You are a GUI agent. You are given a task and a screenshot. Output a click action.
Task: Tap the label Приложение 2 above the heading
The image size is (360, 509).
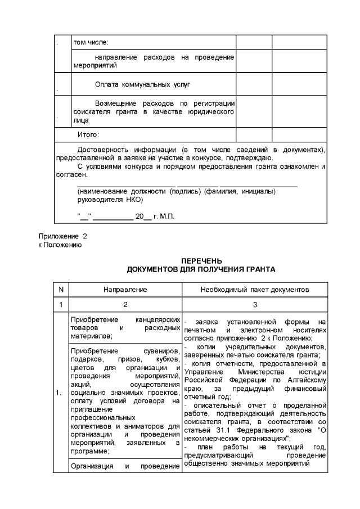[x=63, y=237]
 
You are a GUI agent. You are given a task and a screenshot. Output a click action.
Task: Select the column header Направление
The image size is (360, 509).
[x=125, y=290]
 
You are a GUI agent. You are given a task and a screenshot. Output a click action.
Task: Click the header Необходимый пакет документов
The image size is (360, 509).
[x=255, y=290]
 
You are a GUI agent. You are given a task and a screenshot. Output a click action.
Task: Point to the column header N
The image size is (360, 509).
[x=60, y=290]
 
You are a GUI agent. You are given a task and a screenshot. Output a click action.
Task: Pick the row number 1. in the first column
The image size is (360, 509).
[x=59, y=392]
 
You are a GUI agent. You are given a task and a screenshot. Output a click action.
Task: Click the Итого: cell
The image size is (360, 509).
[x=88, y=135]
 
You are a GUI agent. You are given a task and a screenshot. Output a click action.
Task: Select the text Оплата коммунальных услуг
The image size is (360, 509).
[x=143, y=84]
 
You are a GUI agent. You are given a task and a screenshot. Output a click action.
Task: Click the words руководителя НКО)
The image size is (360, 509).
[x=110, y=200]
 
